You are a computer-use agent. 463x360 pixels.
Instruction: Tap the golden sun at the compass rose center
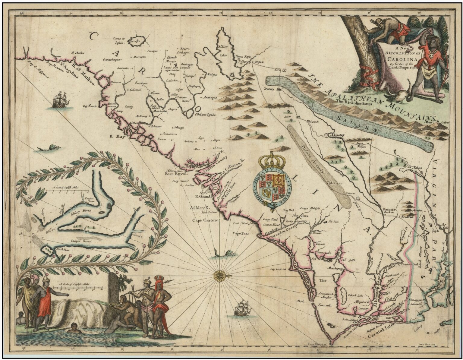click(219, 275)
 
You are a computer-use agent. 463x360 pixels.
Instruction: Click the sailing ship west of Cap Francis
click(61, 100)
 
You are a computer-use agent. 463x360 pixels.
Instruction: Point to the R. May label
click(115, 136)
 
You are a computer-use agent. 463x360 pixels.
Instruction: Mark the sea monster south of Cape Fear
click(226, 253)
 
